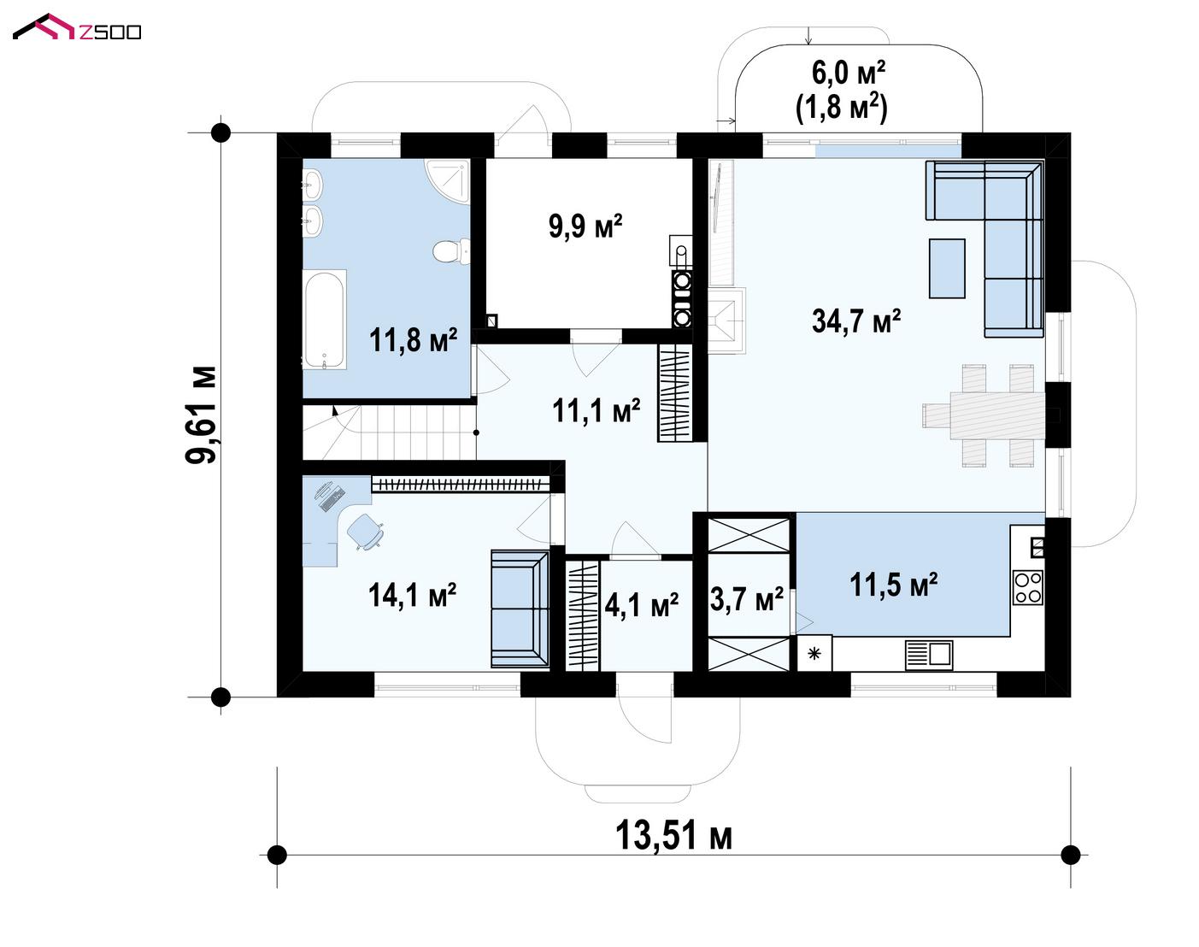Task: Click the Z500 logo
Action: (77, 27)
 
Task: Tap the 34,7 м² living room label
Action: (855, 321)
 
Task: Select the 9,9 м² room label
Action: (585, 226)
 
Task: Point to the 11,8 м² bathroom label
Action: (413, 339)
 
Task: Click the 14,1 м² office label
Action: (412, 595)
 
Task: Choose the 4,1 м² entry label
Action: (641, 605)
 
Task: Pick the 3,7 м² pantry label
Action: (747, 600)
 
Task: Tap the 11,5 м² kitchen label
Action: (894, 585)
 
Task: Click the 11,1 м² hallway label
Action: (597, 411)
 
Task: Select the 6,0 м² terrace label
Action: (848, 73)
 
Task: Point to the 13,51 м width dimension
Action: (673, 837)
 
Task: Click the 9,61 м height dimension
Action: (201, 415)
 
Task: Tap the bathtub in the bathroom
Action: (324, 320)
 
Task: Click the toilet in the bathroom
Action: (451, 250)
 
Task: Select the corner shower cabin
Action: (448, 179)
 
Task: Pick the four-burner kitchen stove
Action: (1028, 587)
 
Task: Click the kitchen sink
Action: (929, 655)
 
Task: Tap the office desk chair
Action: (366, 531)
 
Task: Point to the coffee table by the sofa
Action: (947, 268)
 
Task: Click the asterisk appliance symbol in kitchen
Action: (814, 653)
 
